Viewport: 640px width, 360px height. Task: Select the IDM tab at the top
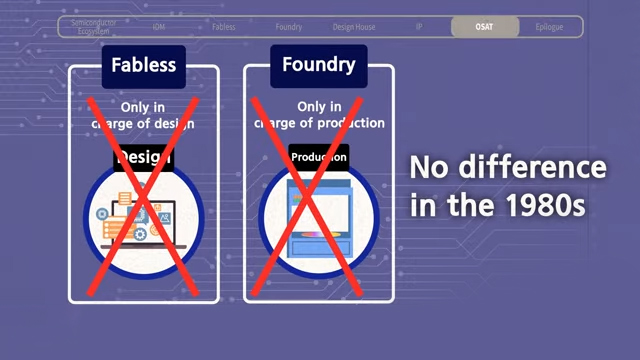[x=159, y=27]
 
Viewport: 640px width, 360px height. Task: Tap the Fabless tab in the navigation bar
[x=224, y=27]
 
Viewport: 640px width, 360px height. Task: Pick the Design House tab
[x=353, y=27]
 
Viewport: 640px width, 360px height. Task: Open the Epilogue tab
[x=549, y=27]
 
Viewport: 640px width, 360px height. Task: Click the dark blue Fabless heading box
[x=143, y=66]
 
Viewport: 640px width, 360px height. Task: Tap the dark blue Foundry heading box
[x=318, y=66]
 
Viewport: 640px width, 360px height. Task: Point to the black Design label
[x=143, y=157]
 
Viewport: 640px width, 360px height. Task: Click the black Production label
[x=319, y=157]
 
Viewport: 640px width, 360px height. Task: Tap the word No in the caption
[x=430, y=167]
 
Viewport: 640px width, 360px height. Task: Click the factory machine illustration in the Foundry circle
[x=318, y=219]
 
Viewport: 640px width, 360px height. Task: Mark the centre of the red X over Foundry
[x=317, y=195]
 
